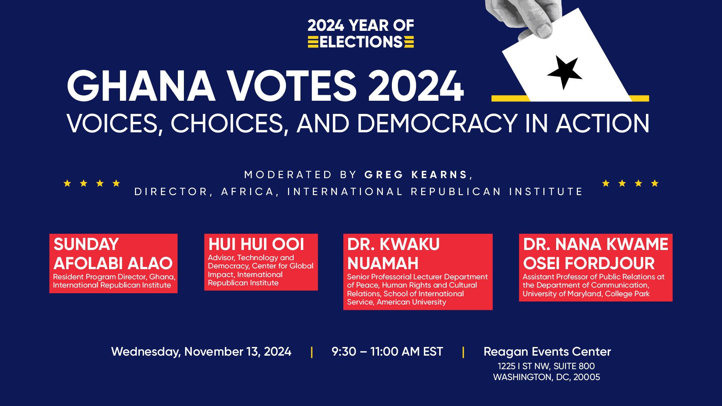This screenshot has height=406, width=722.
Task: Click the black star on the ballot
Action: [x=564, y=72]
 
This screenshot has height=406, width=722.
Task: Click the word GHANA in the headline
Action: [x=141, y=86]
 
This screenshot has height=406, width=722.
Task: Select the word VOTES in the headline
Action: [x=291, y=86]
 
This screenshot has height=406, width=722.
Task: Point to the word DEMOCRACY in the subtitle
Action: [x=437, y=123]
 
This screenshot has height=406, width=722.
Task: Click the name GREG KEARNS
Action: [x=416, y=175]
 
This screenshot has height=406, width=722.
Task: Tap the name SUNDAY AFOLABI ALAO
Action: [x=113, y=254]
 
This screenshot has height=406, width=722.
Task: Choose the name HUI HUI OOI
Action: [x=256, y=244]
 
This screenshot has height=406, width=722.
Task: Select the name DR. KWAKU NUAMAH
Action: [x=393, y=254]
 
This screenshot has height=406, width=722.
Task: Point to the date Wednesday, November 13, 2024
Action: [x=201, y=352]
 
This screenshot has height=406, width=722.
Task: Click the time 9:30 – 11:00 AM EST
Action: [x=387, y=352]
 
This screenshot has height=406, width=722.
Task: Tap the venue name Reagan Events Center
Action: [x=547, y=352]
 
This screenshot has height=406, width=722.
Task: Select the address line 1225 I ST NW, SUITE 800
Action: [x=546, y=366]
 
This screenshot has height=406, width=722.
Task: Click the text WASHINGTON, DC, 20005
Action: [x=547, y=377]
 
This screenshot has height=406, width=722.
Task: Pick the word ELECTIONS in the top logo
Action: [x=361, y=42]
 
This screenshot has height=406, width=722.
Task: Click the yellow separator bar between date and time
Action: [x=312, y=352]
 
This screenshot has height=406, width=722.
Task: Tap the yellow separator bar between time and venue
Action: [x=463, y=352]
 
